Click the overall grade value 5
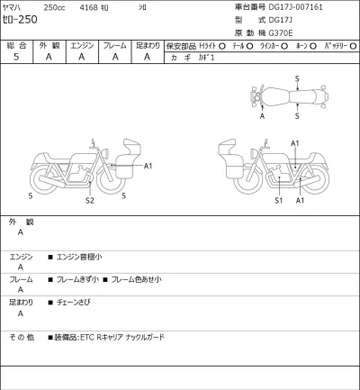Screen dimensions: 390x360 click(x=16, y=57)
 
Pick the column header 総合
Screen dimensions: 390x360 click(x=16, y=44)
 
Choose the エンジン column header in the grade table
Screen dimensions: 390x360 click(x=82, y=44)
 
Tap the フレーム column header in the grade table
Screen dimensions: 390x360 click(x=115, y=44)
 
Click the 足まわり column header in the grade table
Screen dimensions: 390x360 click(x=148, y=44)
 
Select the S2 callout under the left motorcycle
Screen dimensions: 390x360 click(x=89, y=201)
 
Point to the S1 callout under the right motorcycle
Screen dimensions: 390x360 click(x=278, y=201)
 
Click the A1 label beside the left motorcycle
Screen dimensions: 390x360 click(x=148, y=166)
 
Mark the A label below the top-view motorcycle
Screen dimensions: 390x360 click(x=262, y=116)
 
